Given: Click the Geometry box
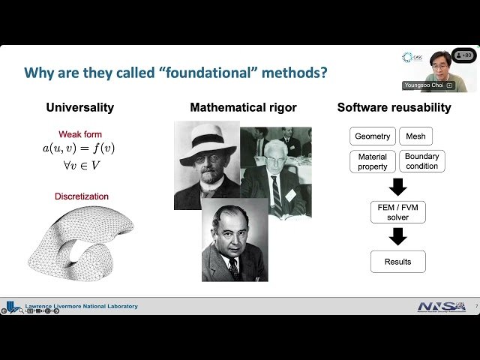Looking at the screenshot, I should (373, 136).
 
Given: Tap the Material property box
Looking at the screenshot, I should (373, 161).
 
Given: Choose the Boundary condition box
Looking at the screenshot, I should (421, 161).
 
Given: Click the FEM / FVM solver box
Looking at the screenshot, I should (398, 211).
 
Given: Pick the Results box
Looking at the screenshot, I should (398, 262).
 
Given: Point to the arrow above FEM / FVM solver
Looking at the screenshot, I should (398, 186).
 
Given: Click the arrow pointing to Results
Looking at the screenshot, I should (398, 236).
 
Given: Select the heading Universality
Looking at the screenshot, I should (80, 107).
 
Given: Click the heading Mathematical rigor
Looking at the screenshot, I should (243, 107).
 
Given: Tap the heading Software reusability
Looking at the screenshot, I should (394, 107).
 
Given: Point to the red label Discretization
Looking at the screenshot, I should (82, 196).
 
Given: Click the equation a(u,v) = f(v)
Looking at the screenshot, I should (79, 148).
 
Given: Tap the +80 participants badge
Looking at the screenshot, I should (464, 55).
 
